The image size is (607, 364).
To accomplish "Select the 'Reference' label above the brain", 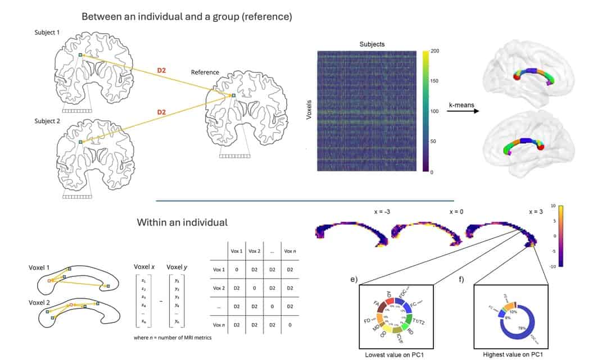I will [x=205, y=72].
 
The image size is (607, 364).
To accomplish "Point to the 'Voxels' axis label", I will [x=307, y=112].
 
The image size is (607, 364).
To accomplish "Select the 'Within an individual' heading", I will [x=182, y=222].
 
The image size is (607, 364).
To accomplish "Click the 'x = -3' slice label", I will [x=383, y=212].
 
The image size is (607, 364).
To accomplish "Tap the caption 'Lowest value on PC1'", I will [x=391, y=355].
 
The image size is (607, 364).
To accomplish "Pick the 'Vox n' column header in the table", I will [x=289, y=251].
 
